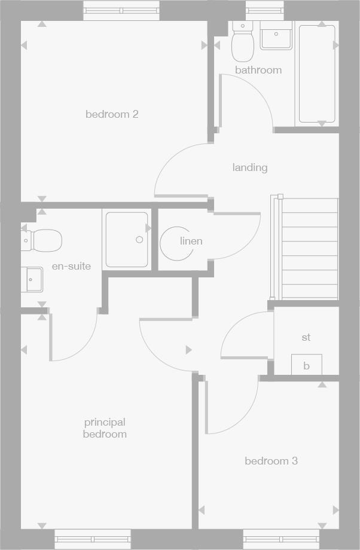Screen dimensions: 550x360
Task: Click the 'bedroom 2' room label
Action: [x=112, y=114]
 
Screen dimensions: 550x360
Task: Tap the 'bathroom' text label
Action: [x=258, y=70]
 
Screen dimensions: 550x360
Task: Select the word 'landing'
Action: [x=250, y=167]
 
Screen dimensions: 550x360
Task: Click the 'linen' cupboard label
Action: [x=191, y=241]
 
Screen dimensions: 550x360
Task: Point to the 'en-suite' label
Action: [x=71, y=266]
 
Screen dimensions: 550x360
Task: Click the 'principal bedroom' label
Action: [x=105, y=428]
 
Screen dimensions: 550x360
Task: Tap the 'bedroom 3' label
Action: [x=271, y=461]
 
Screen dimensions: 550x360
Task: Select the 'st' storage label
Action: [x=306, y=338]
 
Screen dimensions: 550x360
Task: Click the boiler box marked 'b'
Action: [x=306, y=365]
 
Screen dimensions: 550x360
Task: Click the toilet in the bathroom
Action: [x=243, y=44]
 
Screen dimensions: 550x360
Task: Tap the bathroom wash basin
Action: [x=276, y=36]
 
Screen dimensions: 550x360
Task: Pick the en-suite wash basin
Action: [x=33, y=279]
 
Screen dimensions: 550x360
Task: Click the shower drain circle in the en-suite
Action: [x=139, y=240]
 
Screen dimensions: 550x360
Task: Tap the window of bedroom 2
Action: [x=121, y=10]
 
